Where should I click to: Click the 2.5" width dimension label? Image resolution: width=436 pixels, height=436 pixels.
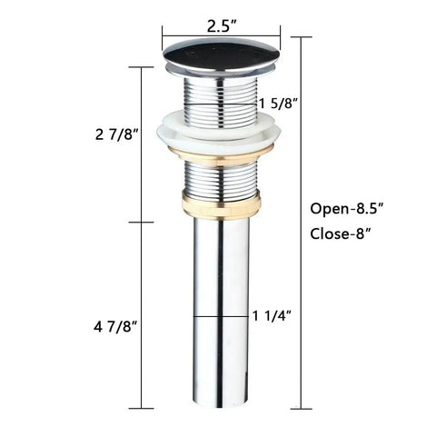(x=222, y=27)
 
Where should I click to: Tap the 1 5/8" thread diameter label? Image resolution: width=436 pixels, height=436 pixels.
(x=278, y=104)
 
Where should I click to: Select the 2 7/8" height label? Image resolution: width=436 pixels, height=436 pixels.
(x=117, y=134)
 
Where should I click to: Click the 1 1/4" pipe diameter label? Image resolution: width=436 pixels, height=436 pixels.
(x=272, y=316)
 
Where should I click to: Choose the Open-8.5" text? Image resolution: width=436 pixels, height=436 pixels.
(x=347, y=209)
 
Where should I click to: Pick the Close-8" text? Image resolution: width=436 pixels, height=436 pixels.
(x=341, y=233)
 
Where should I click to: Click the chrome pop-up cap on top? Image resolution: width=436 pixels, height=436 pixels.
(x=222, y=55)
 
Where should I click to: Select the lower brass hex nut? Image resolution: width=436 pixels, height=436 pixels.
(x=221, y=203)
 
